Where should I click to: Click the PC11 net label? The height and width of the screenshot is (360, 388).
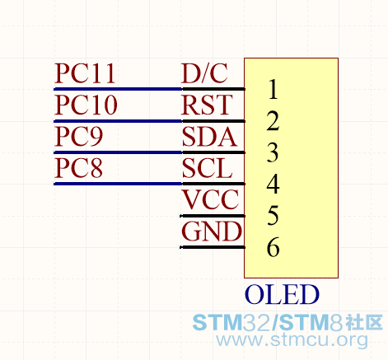point(85,73)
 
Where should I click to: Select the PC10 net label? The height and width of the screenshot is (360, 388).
point(86,105)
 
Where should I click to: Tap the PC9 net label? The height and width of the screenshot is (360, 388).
point(79,136)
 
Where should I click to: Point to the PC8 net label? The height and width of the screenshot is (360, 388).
point(78,168)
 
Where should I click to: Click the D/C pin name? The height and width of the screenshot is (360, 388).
point(204,73)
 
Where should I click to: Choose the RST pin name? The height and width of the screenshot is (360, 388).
point(207,105)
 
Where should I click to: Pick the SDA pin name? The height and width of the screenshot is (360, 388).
point(209,136)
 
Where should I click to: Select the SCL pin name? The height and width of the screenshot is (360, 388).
point(207,168)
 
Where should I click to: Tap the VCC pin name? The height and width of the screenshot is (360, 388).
point(210,199)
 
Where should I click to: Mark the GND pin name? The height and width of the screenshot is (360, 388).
point(212,231)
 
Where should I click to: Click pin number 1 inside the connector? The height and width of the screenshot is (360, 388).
point(273,89)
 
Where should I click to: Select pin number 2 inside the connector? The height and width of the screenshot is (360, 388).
point(273,121)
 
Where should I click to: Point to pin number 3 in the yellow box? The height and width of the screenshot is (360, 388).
point(273,152)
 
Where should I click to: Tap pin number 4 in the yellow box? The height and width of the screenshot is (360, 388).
point(273,185)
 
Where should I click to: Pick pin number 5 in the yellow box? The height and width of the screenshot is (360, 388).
point(273,216)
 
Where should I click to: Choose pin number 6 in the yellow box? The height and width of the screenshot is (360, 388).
point(273,247)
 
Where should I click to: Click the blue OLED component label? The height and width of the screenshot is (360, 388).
point(282,294)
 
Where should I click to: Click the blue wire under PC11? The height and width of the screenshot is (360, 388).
point(118,89)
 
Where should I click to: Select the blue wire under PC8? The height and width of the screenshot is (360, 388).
point(118,184)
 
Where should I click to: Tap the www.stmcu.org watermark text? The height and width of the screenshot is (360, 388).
point(292,340)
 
